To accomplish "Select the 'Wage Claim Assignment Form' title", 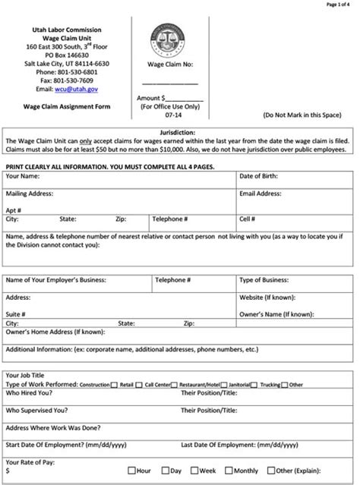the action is (x=66, y=106).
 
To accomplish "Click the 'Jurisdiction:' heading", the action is (x=179, y=132).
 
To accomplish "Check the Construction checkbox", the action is (x=114, y=385).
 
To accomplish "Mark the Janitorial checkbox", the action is (x=254, y=385).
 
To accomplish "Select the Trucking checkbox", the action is (x=286, y=385).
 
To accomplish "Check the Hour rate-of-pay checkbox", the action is (x=132, y=471).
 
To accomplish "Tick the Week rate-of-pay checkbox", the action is (x=194, y=471).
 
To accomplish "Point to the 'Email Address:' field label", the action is (x=261, y=194).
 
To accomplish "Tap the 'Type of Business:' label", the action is (x=264, y=279).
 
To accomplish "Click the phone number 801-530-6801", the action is (x=74, y=72).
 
